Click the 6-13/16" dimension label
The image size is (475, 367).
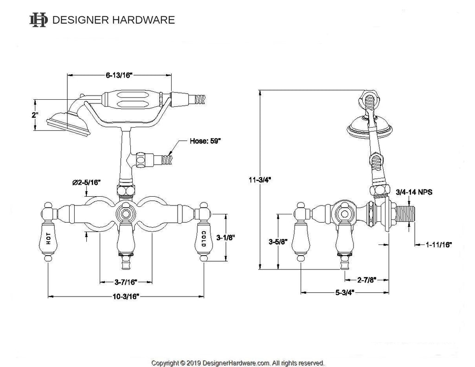[120, 74]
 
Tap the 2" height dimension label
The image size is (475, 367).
[35, 115]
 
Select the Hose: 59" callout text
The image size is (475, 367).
[205, 141]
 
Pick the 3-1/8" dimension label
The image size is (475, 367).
[226, 238]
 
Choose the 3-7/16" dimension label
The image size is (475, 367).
[126, 281]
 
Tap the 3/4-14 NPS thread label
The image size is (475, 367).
[414, 192]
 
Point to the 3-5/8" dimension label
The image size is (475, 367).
[278, 242]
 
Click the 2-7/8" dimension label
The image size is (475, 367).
[366, 280]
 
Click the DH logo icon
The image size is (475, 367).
[38, 19]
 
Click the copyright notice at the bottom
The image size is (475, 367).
[237, 362]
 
